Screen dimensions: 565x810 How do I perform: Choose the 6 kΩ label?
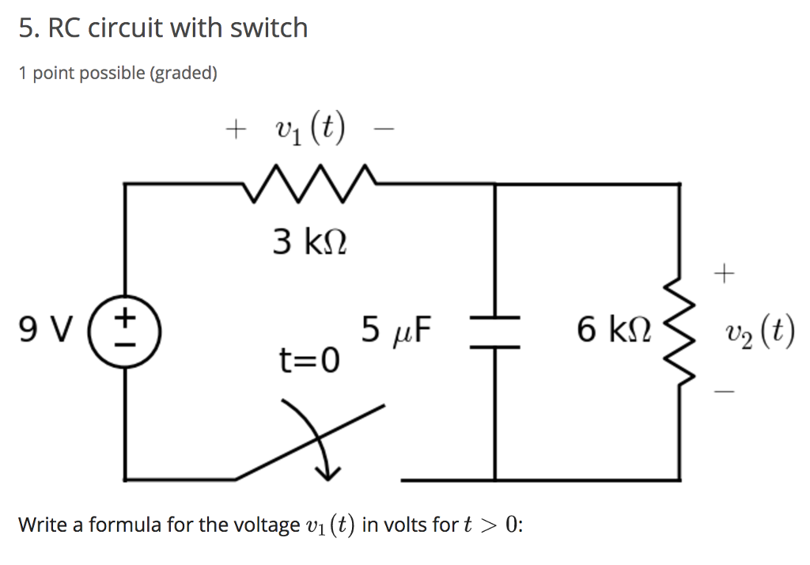point(614,328)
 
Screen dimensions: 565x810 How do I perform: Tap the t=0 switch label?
point(309,361)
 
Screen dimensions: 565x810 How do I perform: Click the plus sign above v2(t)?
point(724,275)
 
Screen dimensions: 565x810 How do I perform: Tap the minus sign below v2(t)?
point(724,389)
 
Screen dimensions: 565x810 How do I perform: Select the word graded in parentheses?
point(183,74)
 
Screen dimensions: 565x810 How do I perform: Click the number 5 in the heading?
point(25,28)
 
